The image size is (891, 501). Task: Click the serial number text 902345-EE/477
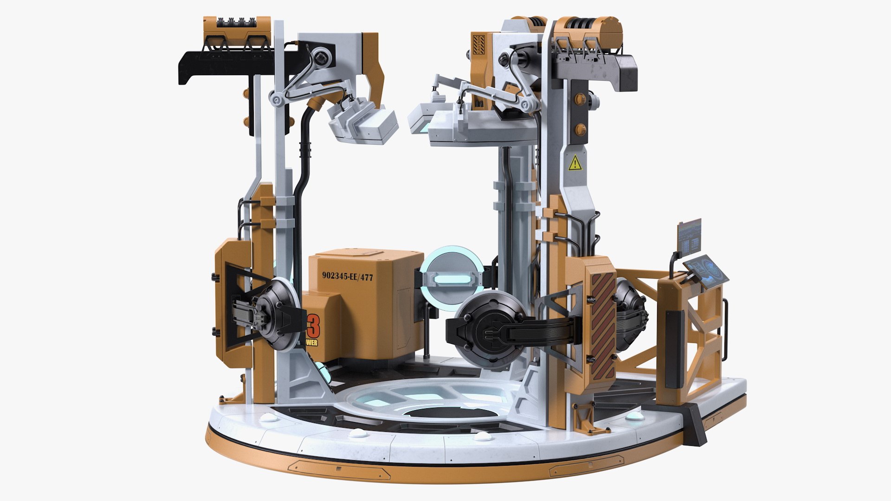pos(348,276)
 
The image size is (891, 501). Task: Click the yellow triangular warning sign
pos(575,163)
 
